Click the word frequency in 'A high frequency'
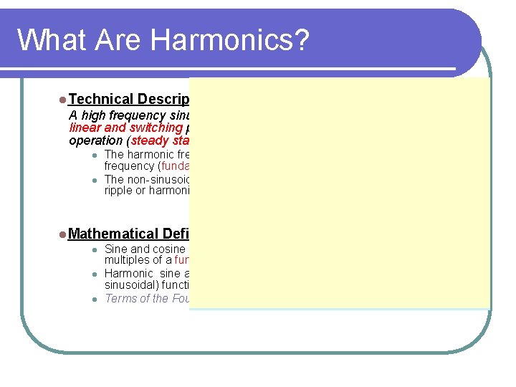click(x=135, y=115)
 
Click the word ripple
click(x=120, y=191)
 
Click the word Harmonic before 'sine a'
click(x=128, y=274)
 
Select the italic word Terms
click(x=120, y=299)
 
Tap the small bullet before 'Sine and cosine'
click(x=94, y=249)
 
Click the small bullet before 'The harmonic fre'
click(x=94, y=155)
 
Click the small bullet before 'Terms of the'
click(x=94, y=299)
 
